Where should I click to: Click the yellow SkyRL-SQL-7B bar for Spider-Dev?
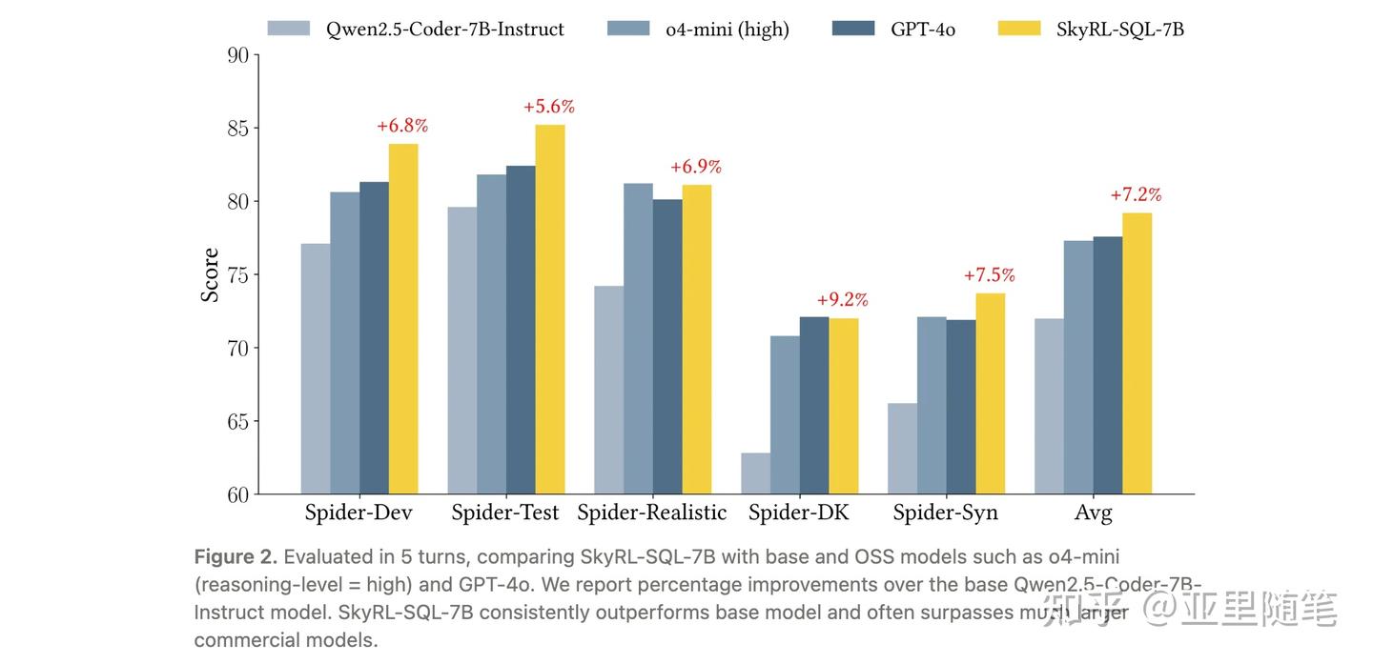point(403,319)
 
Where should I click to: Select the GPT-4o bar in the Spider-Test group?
point(521,330)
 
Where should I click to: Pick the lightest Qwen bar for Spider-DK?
point(756,473)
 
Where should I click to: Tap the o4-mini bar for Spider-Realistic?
point(638,338)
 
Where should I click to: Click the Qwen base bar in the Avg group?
point(1050,406)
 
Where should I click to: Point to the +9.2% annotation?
point(843,300)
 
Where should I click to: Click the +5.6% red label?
point(549,107)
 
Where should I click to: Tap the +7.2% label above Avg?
point(1136,195)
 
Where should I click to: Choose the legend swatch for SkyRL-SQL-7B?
point(1018,29)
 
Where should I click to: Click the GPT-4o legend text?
point(923,30)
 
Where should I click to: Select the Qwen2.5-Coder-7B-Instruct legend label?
point(445,30)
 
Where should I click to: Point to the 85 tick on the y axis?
point(237,129)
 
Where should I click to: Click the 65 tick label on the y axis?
point(237,422)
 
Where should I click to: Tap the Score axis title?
point(210,275)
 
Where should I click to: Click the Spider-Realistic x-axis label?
point(652,513)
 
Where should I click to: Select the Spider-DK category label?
point(799,513)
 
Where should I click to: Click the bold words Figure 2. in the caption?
point(236,556)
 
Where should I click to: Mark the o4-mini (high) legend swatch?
point(627,29)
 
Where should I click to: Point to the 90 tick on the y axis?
point(237,55)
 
